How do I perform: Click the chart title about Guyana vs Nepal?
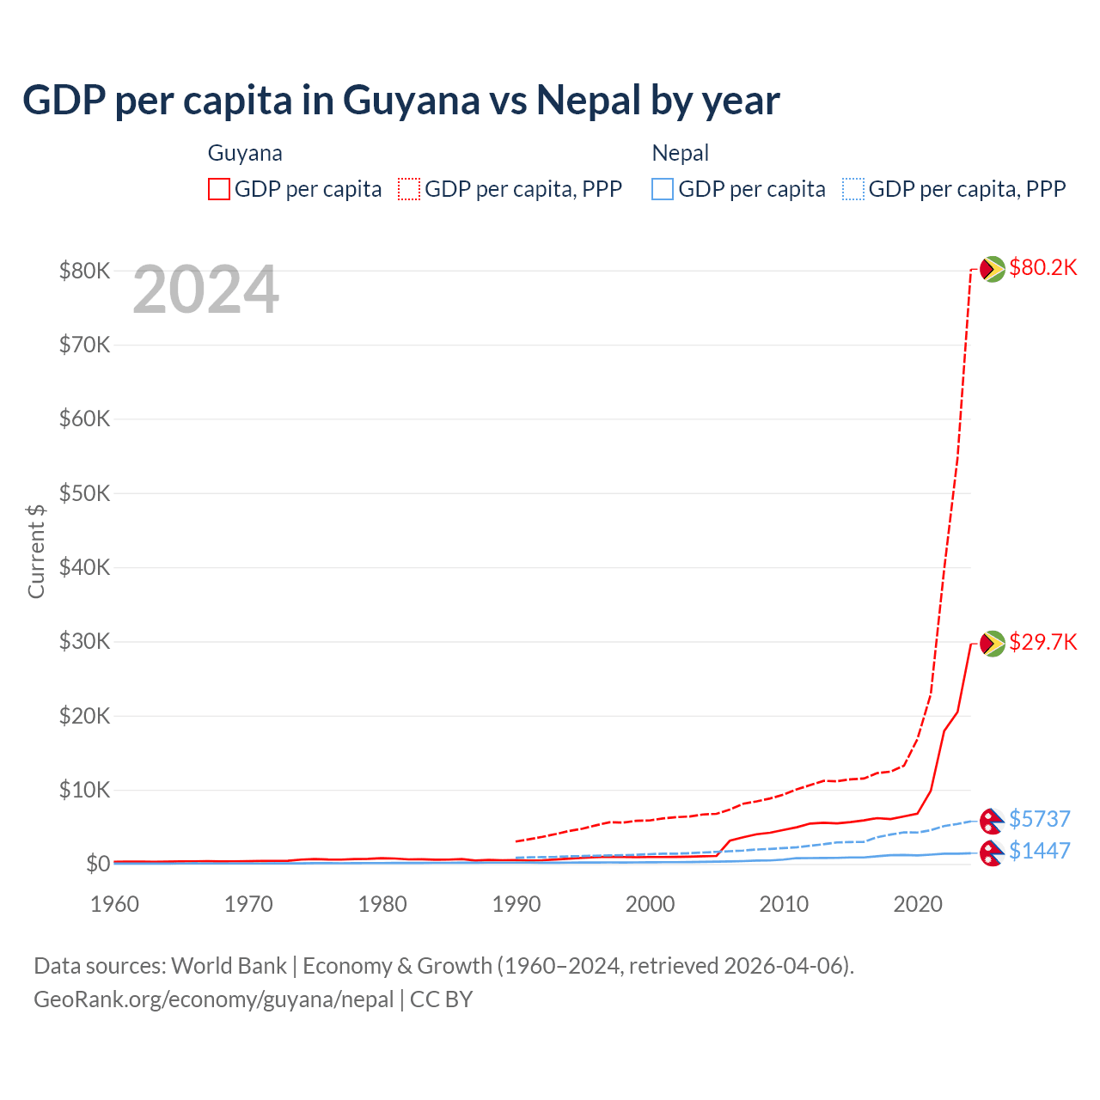pos(400,101)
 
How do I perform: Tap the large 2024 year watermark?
pos(206,290)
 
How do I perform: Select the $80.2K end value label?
pos(1042,268)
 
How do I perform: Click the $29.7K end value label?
pos(1042,643)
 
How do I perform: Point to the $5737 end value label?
pos(1039,819)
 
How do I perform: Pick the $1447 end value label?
pos(1039,851)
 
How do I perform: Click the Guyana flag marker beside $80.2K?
pos(993,269)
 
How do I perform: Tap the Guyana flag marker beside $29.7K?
pos(993,643)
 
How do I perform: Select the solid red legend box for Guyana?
pos(219,189)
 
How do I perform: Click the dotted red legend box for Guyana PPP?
pos(409,189)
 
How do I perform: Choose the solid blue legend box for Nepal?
pos(663,189)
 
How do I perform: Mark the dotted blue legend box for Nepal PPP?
pos(853,189)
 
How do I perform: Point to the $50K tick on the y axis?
pos(84,494)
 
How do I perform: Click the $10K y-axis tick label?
pos(84,791)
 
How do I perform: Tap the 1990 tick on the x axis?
pos(516,904)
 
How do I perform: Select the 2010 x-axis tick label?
pos(784,904)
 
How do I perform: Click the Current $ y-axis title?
pos(36,551)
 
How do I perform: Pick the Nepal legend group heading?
pos(681,153)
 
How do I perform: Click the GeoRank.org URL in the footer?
pos(213,999)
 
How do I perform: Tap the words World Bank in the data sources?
pos(229,966)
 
